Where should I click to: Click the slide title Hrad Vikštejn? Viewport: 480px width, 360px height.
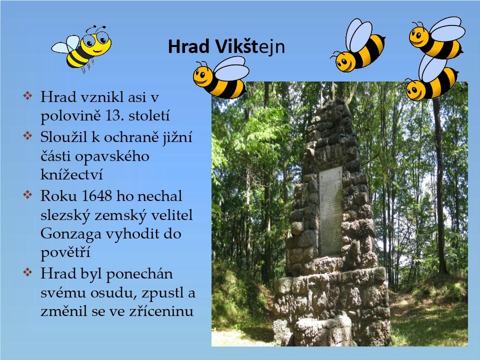click(x=226, y=47)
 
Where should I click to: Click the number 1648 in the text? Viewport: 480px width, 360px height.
click(x=97, y=196)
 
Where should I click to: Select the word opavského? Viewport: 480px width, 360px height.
click(x=112, y=156)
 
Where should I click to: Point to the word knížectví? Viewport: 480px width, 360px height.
click(x=71, y=174)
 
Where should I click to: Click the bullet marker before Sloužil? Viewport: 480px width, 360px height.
click(x=27, y=135)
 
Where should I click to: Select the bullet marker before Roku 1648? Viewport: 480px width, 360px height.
click(x=27, y=194)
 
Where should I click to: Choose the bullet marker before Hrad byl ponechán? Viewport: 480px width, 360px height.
click(x=27, y=272)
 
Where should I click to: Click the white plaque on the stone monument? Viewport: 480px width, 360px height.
click(x=330, y=210)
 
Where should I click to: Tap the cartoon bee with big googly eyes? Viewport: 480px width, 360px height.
click(x=82, y=48)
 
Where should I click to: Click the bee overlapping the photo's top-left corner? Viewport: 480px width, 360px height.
click(x=221, y=78)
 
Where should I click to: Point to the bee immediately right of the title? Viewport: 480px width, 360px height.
click(x=358, y=45)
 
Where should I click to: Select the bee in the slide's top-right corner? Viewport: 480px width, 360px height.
click(x=437, y=38)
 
